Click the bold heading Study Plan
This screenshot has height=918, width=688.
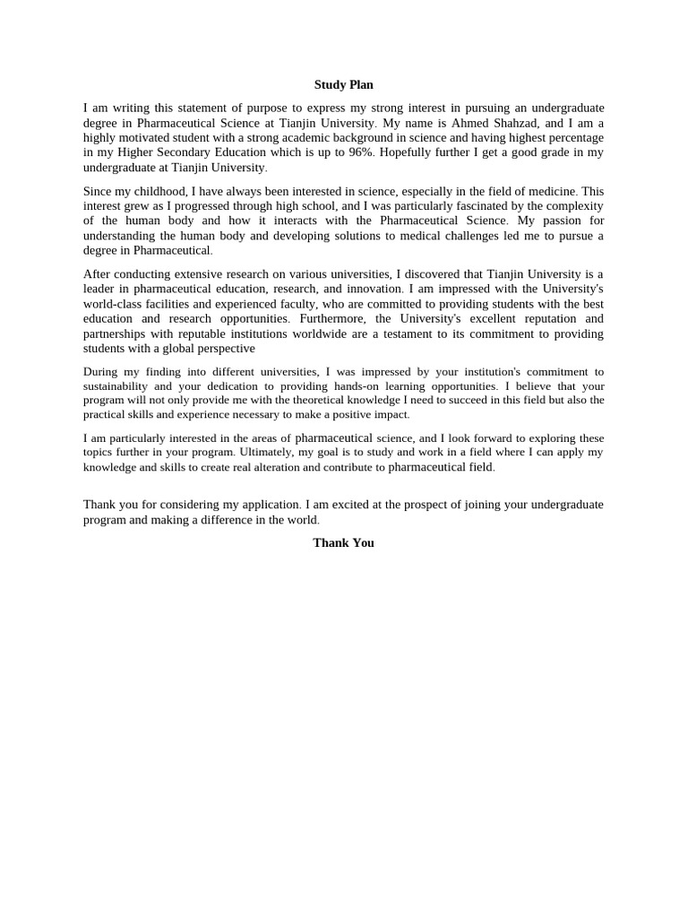343,84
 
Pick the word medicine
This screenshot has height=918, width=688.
552,191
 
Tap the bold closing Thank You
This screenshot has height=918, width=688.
343,542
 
